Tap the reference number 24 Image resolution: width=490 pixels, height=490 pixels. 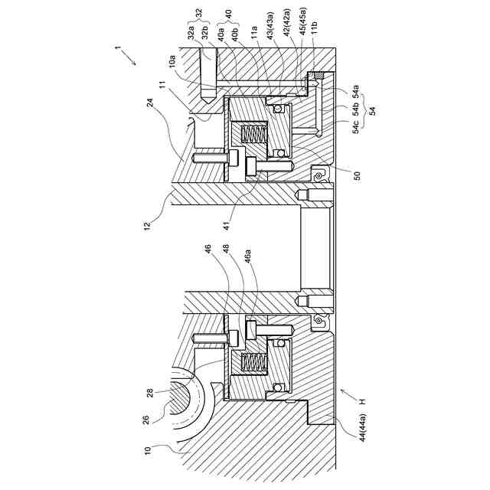(150, 103)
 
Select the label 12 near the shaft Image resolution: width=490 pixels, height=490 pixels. (147, 225)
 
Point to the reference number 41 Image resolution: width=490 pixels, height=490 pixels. (227, 225)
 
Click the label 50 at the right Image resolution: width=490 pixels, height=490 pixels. (358, 175)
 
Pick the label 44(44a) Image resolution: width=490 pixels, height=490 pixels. (363, 427)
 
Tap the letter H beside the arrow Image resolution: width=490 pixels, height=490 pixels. (362, 401)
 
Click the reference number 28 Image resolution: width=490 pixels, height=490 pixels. (150, 393)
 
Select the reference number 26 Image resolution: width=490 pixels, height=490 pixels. (146, 418)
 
